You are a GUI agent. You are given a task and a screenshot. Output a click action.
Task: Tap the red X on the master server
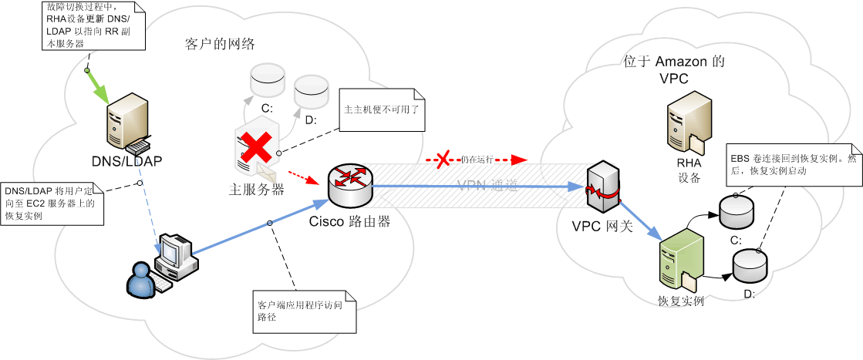[251, 146]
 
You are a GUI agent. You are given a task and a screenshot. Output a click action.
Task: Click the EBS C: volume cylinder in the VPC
[736, 210]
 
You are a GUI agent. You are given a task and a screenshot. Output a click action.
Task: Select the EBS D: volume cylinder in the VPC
[750, 265]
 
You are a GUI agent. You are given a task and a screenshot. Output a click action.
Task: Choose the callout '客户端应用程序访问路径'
[305, 310]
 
